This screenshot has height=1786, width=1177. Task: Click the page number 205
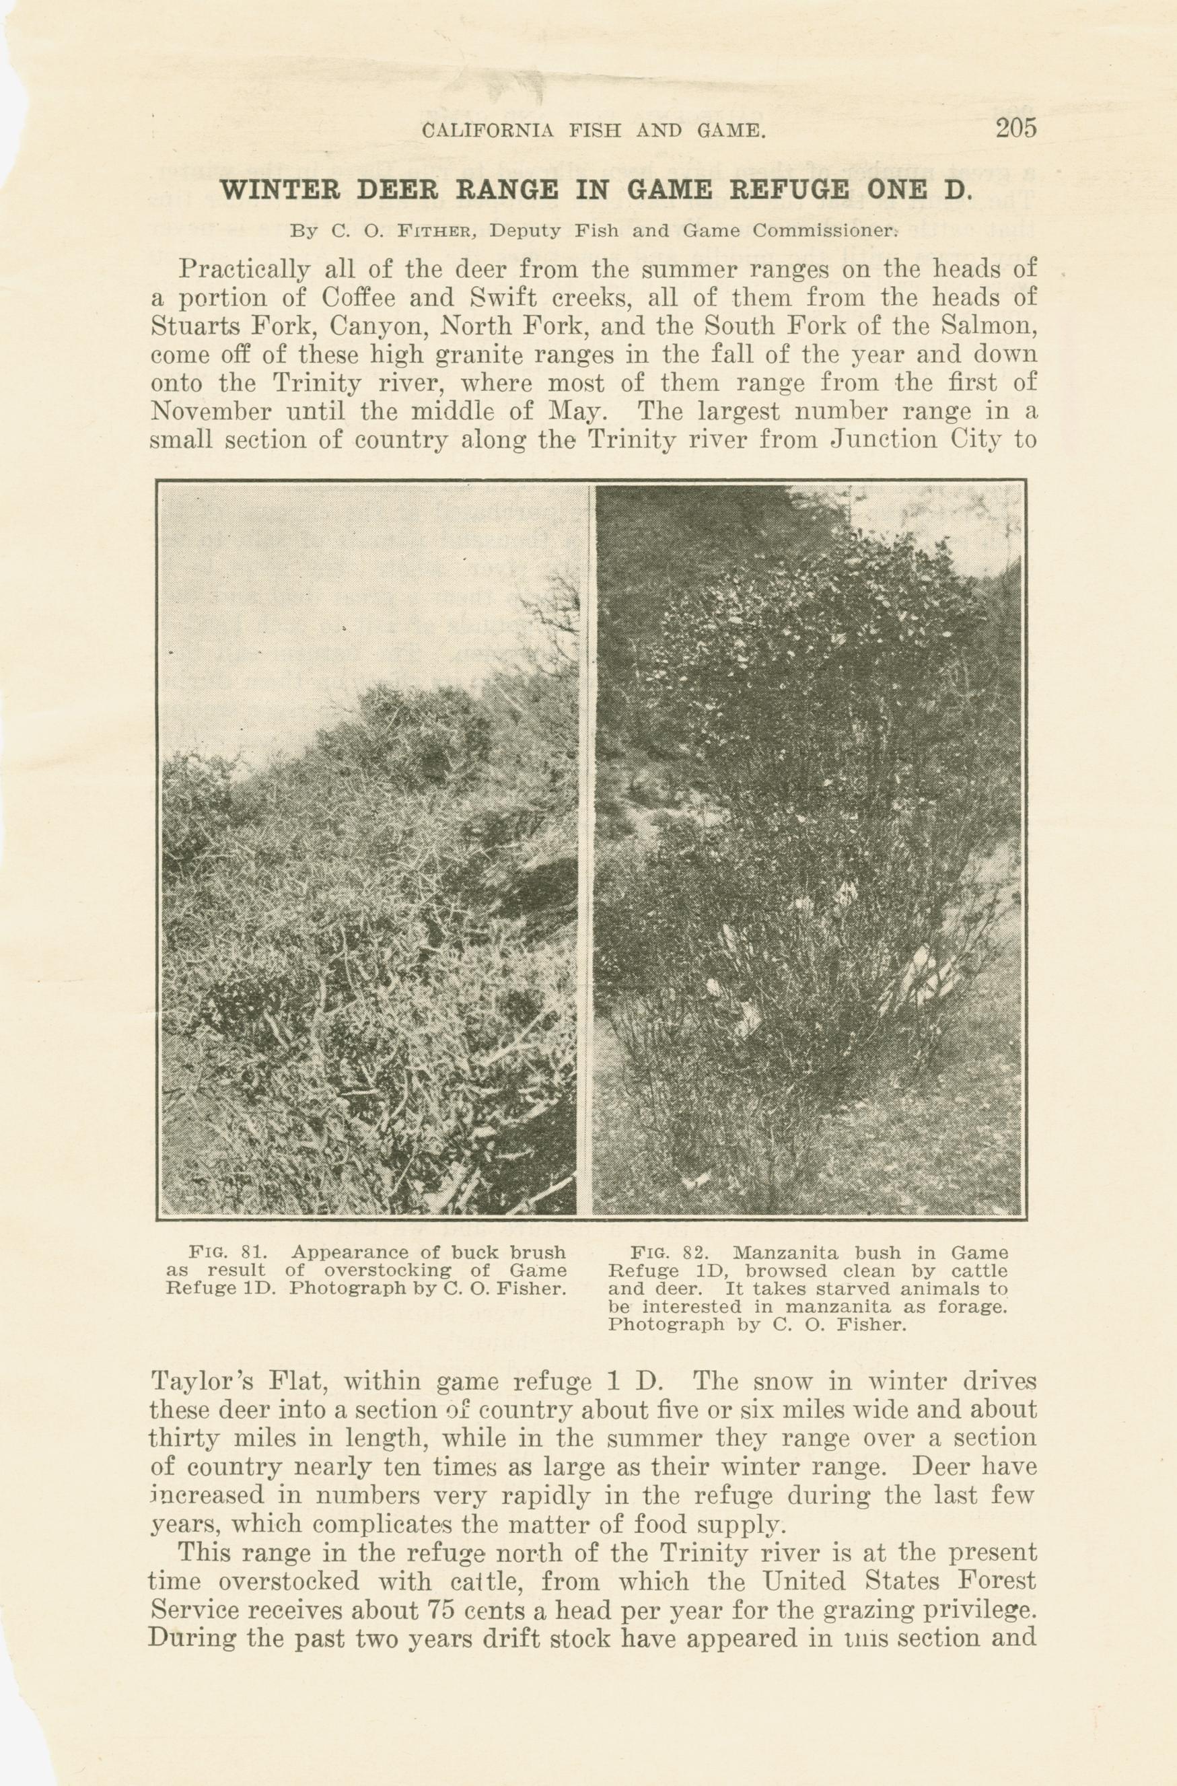(1015, 129)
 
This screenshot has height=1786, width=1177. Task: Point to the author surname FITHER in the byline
(437, 231)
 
